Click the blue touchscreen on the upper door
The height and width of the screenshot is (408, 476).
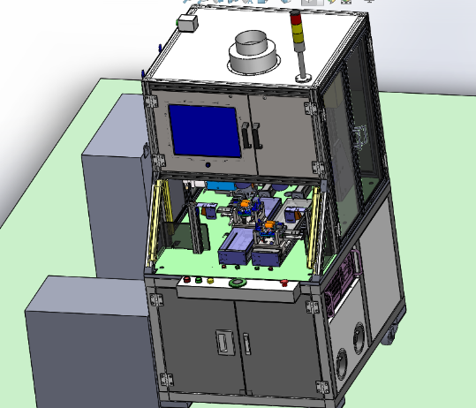coord(204,131)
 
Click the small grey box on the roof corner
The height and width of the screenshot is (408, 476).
coord(188,23)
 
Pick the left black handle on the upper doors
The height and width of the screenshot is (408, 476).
coord(245,134)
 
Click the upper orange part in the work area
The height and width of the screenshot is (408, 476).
coord(241,204)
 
